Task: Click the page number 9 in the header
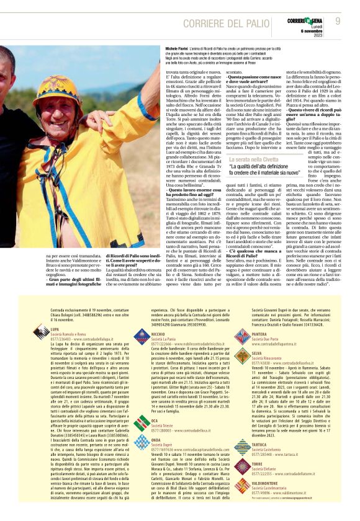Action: click(x=338, y=21)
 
